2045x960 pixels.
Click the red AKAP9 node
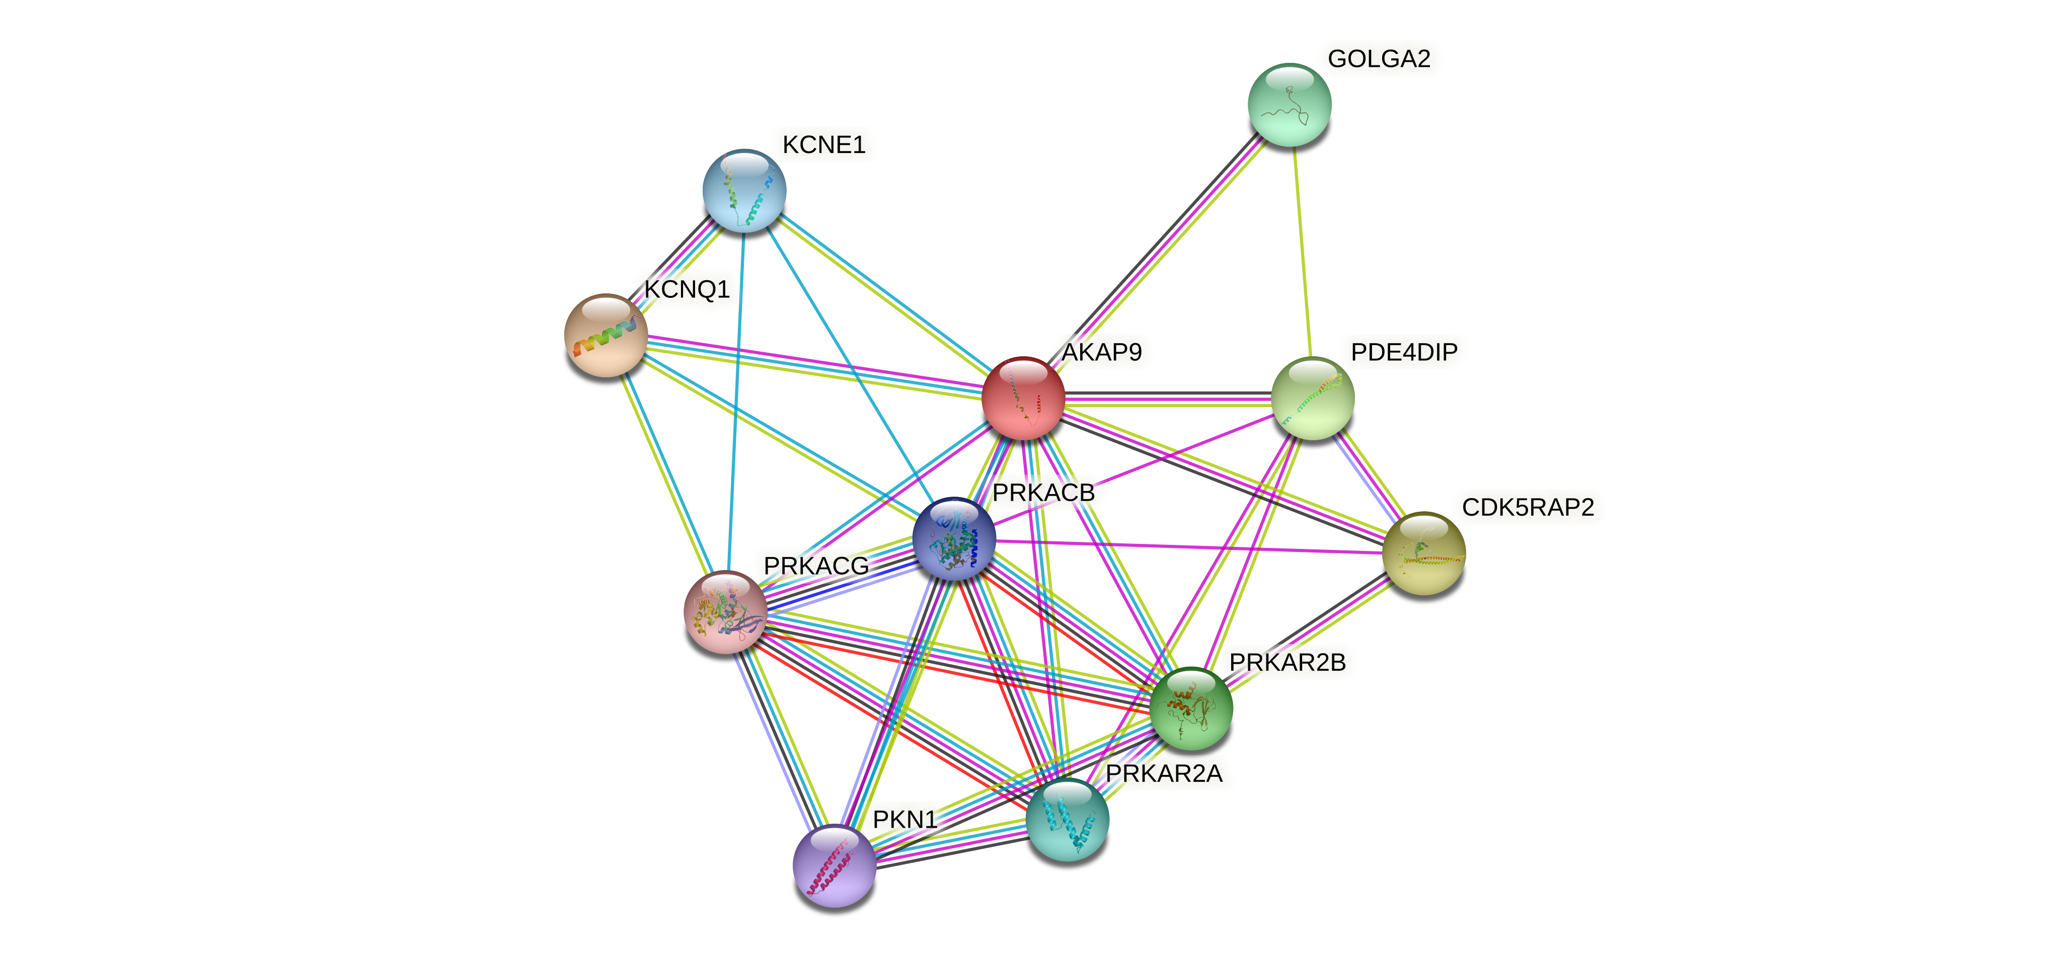pos(1023,398)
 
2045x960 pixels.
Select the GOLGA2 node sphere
pos(1289,105)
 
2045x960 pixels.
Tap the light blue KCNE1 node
pos(744,190)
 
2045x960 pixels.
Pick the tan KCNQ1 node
pos(605,335)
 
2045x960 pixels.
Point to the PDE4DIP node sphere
pos(1312,398)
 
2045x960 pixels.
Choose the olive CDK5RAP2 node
pos(1423,553)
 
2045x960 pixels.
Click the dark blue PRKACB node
pos(953,539)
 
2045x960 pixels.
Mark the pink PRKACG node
pos(725,612)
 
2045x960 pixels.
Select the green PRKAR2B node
pos(1191,708)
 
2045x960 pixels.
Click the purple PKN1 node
pos(835,865)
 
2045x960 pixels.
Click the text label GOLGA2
pos(1379,59)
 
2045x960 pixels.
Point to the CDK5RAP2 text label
pos(1528,507)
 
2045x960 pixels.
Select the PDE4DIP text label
pos(1404,352)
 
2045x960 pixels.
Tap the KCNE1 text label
pos(823,144)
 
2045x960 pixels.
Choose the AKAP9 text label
pos(1102,352)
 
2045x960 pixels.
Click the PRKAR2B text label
pos(1287,662)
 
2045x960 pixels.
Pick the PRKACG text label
pos(816,566)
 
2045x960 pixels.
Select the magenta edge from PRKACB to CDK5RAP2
pos(1191,546)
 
